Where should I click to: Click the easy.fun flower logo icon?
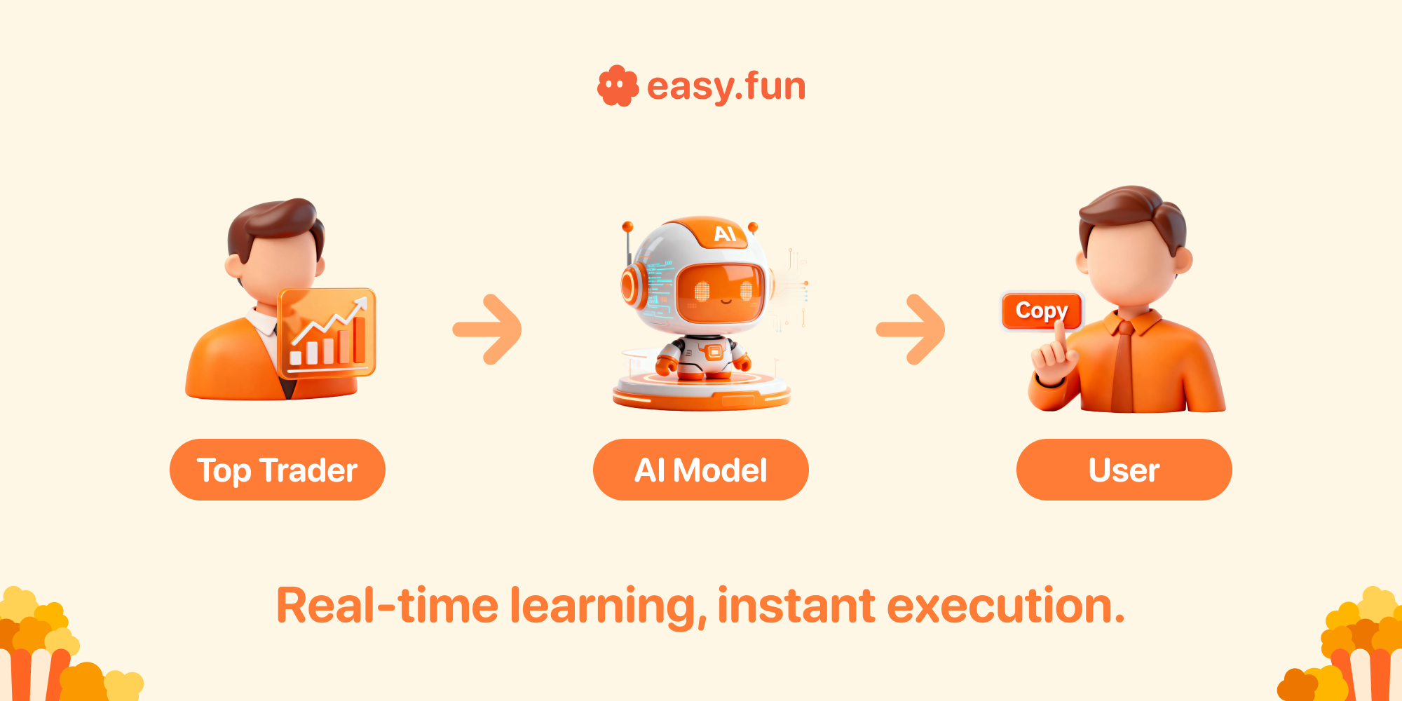618,86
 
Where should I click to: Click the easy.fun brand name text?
726,87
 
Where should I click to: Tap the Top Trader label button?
278,470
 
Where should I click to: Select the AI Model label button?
701,470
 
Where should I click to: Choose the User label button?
1124,470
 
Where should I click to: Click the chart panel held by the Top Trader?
327,332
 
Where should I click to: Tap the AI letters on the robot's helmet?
725,233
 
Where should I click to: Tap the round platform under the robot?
702,391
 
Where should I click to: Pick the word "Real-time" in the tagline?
387,606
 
